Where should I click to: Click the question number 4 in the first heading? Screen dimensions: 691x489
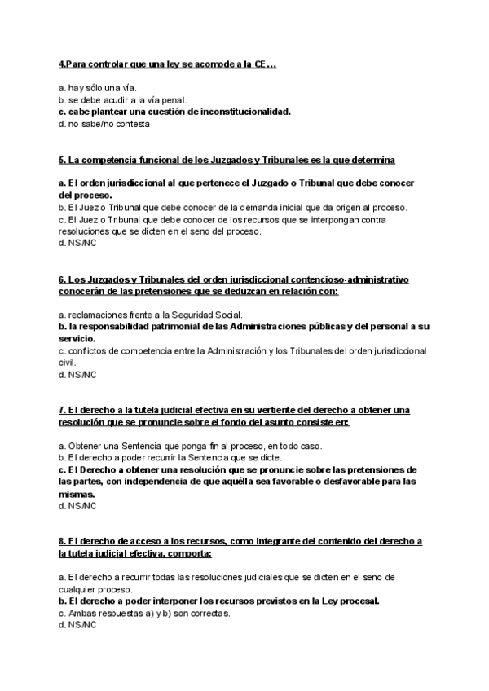click(62, 64)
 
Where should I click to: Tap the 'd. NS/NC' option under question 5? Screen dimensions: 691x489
click(77, 243)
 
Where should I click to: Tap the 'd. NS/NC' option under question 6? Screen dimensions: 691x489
click(77, 375)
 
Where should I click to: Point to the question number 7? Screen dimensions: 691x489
click(62, 410)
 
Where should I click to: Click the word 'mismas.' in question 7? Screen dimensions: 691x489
click(77, 494)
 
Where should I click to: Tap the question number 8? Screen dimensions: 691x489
click(62, 541)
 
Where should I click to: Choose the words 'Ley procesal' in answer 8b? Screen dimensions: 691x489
click(351, 601)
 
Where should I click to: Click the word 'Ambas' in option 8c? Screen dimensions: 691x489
click(81, 613)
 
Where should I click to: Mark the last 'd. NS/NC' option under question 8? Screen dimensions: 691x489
click(77, 625)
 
